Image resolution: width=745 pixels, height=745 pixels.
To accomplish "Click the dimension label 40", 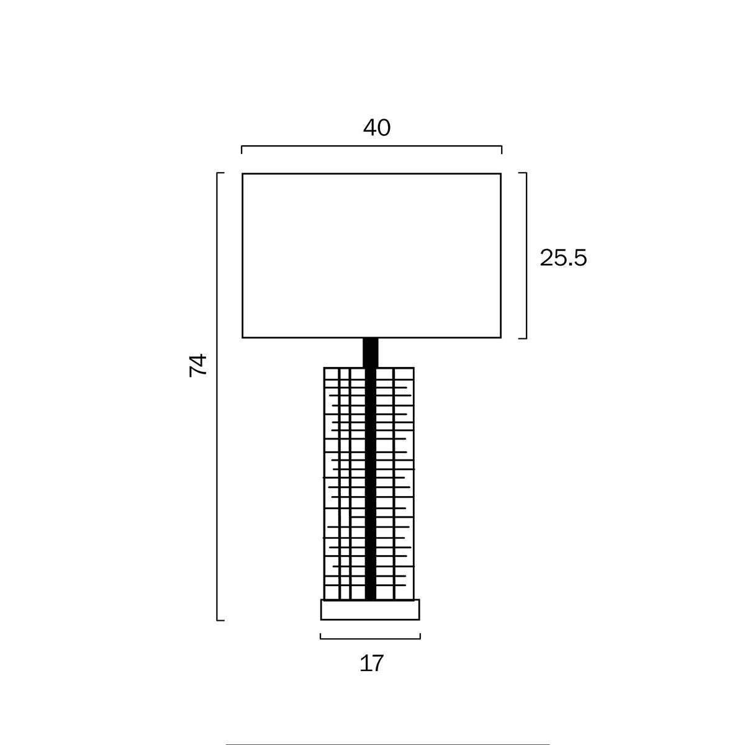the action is point(377,128).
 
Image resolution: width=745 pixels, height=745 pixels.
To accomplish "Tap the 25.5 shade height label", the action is point(563,258).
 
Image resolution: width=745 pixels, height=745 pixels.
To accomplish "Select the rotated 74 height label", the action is point(198,365).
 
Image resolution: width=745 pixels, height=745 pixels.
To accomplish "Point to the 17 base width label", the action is point(371,663).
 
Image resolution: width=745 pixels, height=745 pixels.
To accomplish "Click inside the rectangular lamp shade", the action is point(371,256).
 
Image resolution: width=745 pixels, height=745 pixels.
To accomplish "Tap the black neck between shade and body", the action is point(371,353).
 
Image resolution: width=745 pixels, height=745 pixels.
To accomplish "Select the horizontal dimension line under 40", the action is point(371,146).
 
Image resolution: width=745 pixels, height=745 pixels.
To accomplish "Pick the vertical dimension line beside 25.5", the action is point(526,256).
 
